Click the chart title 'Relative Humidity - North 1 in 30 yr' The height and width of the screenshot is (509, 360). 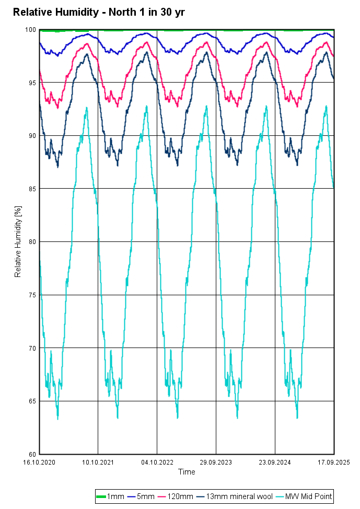point(98,12)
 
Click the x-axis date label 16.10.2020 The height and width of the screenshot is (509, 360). point(40,462)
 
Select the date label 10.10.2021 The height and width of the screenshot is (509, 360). point(99,462)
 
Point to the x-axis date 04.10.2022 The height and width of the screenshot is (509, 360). point(157,462)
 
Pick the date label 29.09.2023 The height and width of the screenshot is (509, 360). point(216,462)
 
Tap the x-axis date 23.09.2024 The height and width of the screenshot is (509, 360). point(275,462)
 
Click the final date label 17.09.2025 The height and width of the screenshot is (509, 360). point(333,462)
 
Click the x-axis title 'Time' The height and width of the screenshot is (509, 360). point(187,472)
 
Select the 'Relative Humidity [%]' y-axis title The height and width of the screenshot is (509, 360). point(18,241)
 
